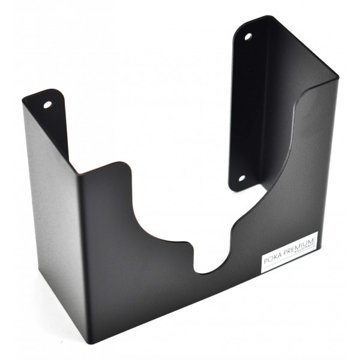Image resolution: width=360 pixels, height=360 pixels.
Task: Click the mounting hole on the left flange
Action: tap(47, 104)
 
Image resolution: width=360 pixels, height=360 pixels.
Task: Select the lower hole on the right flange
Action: tap(242, 178)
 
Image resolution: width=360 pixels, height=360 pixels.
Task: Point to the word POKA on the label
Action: tap(272, 259)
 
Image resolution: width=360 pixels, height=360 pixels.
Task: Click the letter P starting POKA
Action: tap(265, 262)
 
